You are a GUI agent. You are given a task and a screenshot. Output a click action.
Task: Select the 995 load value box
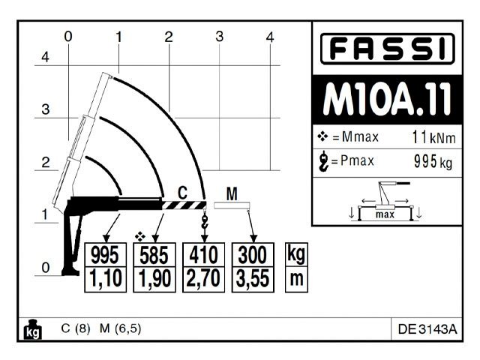[x=104, y=255]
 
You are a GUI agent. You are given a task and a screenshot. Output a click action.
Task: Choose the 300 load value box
[x=251, y=255]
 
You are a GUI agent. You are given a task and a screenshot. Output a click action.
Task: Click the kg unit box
[x=296, y=255]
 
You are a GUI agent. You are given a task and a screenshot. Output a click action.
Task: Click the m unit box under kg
[x=296, y=280]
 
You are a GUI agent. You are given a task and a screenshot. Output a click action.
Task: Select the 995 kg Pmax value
[x=433, y=161]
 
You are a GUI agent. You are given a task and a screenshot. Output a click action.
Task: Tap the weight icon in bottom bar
[x=32, y=329]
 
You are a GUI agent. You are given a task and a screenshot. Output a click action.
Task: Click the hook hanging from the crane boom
[x=205, y=222]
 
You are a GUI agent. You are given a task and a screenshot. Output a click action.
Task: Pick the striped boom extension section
[x=184, y=205]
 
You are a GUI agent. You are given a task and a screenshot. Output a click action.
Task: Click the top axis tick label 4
[x=270, y=36]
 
